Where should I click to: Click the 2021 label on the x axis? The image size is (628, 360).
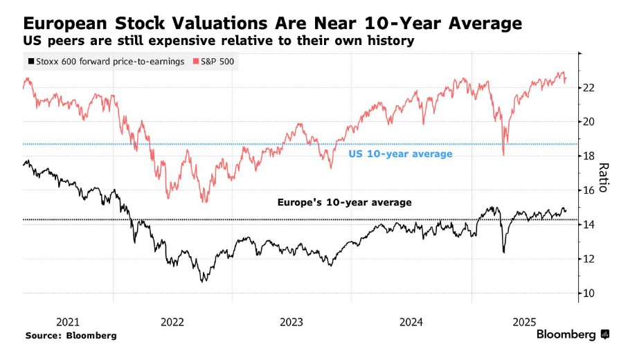pyautogui.click(x=68, y=322)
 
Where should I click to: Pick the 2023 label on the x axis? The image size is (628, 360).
pyautogui.click(x=291, y=322)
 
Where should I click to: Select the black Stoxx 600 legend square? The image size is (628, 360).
pyautogui.click(x=29, y=62)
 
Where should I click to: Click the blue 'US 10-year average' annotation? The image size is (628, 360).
pyautogui.click(x=400, y=154)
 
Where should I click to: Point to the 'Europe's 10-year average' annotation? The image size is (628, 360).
pyautogui.click(x=344, y=203)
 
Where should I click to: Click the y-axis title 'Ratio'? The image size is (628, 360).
pyautogui.click(x=603, y=177)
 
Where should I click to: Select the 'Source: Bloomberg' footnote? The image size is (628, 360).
pyautogui.click(x=71, y=336)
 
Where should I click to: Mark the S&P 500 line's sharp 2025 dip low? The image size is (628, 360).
pyautogui.click(x=503, y=154)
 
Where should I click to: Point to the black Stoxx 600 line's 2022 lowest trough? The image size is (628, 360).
pyautogui.click(x=203, y=281)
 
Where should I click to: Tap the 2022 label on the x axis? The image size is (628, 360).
pyautogui.click(x=172, y=322)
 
